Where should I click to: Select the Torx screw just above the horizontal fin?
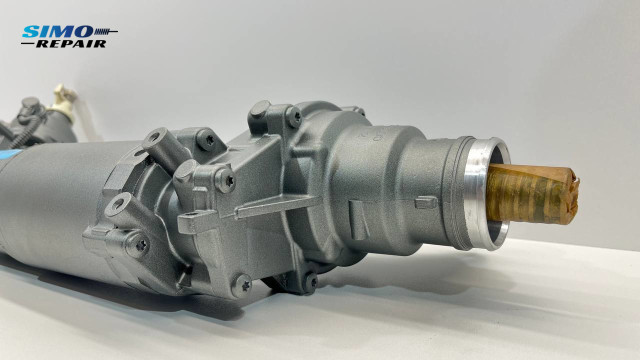pos(227,181)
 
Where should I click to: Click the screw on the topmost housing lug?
pos(293,118)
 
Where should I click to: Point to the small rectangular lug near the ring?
pos(425,203)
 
